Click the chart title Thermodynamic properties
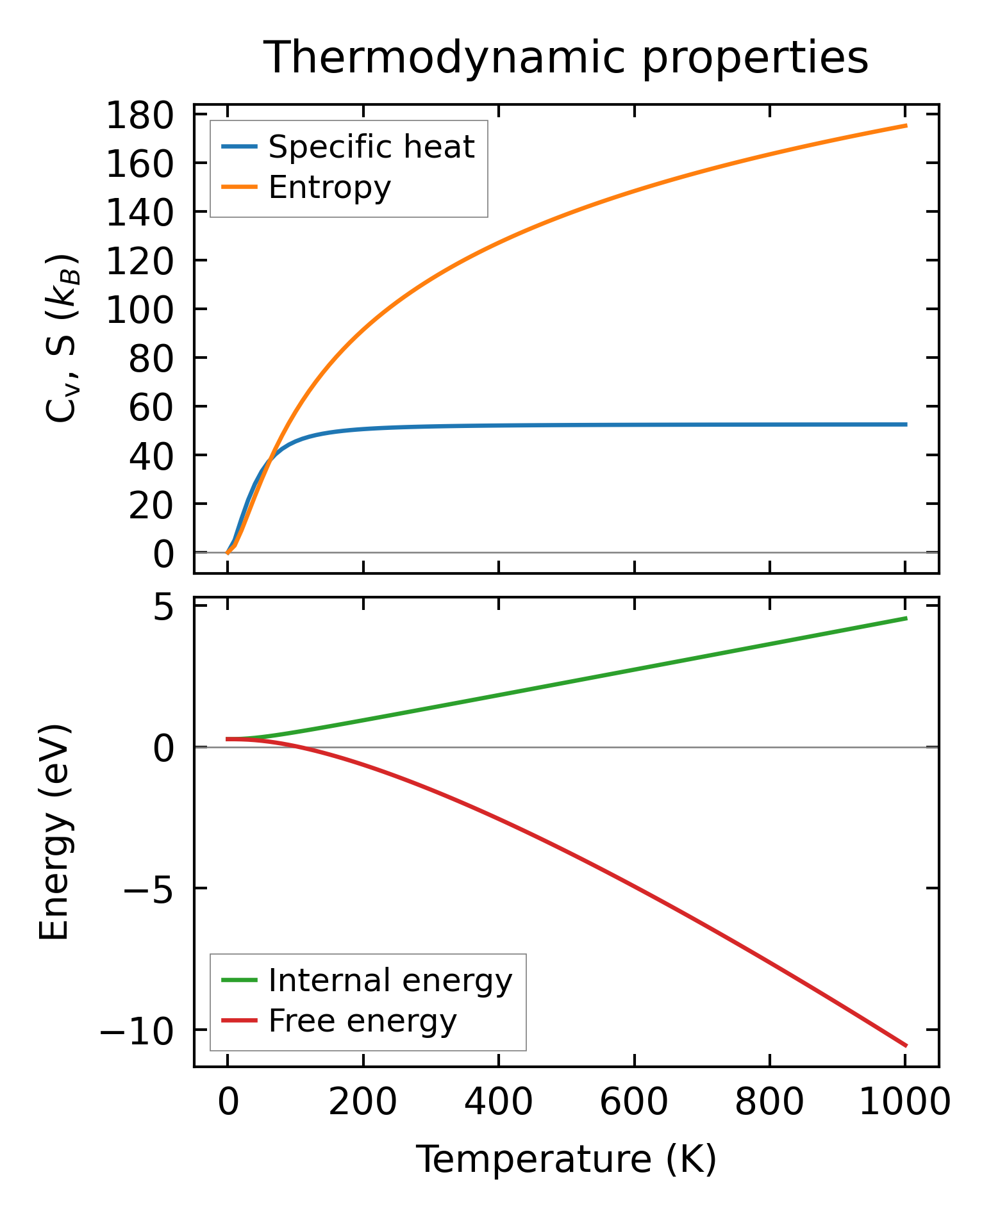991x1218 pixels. (566, 58)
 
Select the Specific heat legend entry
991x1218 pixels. (371, 147)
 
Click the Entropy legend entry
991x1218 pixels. (329, 187)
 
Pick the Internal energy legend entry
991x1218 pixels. (390, 980)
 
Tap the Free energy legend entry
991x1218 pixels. (362, 1021)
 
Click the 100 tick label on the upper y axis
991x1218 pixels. (140, 310)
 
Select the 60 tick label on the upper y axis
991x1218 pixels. (151, 407)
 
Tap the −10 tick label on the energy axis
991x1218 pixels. (137, 1030)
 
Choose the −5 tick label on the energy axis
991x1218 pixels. (148, 889)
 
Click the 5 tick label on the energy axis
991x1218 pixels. (163, 607)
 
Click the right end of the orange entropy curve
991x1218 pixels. (905, 126)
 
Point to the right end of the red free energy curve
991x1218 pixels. (905, 1046)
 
